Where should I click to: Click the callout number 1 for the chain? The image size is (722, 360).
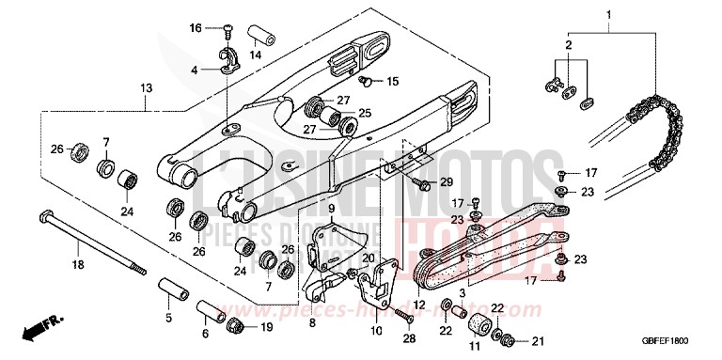tap(608, 15)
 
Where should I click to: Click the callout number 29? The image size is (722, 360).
tap(446, 180)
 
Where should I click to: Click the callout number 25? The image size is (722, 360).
tap(365, 113)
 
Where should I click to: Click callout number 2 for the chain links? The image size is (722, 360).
tap(569, 44)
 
